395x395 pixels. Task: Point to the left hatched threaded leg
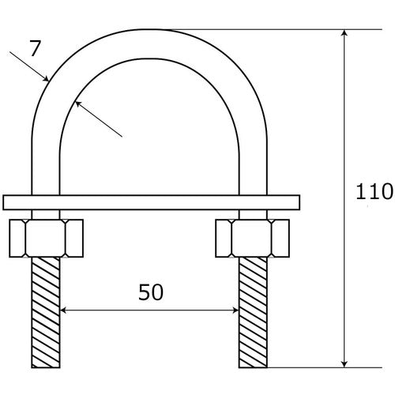47,312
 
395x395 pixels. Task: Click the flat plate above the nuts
150,202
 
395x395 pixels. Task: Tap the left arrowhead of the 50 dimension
66,311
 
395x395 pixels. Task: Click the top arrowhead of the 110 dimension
344,36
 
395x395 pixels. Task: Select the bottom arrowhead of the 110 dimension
344,361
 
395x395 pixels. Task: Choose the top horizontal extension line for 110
261,30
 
